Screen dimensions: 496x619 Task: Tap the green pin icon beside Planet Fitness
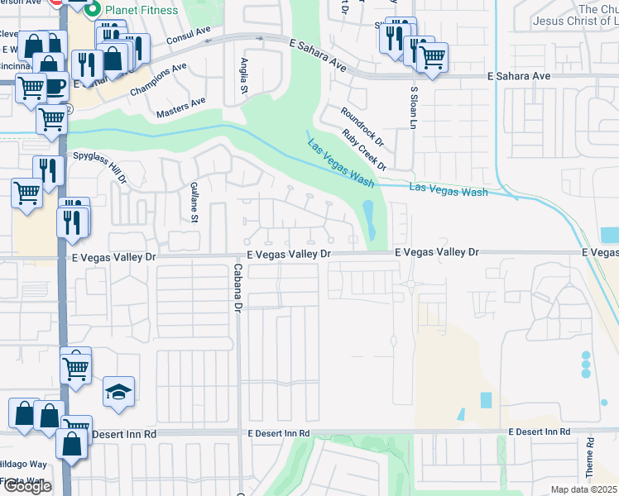pyautogui.click(x=93, y=10)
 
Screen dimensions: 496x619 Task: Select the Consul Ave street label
pyautogui.click(x=189, y=35)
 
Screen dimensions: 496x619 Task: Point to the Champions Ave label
pyautogui.click(x=157, y=80)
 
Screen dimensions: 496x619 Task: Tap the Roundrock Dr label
pyautogui.click(x=358, y=122)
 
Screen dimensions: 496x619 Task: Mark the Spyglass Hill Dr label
pyautogui.click(x=100, y=165)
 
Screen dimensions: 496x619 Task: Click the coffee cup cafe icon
pyautogui.click(x=55, y=86)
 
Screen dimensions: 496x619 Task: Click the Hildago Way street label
pyautogui.click(x=23, y=465)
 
